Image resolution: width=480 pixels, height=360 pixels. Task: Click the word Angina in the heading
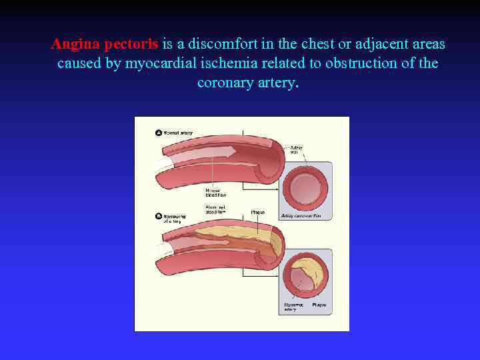tap(77, 45)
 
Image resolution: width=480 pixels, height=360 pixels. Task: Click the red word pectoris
tap(131, 45)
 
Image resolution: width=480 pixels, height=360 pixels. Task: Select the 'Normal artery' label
tap(178, 133)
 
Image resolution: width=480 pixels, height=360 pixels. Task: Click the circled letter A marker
tap(159, 133)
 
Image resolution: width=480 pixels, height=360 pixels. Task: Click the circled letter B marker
tap(159, 215)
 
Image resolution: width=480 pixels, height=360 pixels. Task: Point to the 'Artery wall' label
tap(295, 149)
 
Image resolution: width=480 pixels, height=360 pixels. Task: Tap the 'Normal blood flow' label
tap(216, 193)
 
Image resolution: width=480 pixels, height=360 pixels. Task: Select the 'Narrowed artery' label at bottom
tap(291, 307)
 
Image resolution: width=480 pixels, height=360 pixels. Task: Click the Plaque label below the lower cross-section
tap(319, 305)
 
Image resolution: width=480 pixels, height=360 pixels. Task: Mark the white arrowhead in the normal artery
tap(230, 151)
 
